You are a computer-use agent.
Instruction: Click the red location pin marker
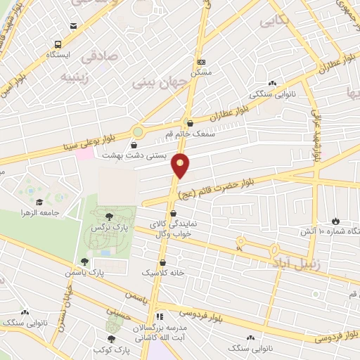[181, 165]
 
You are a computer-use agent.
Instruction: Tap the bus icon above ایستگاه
[73, 27]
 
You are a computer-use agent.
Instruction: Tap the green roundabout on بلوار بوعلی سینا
[139, 131]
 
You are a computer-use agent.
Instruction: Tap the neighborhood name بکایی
[275, 22]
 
